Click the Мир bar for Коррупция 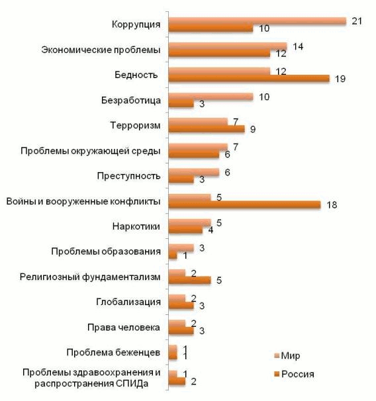point(258,21)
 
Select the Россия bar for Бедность point(249,79)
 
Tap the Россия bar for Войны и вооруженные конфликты point(244,205)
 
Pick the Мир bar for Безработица point(211,97)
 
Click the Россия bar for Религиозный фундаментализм point(189,281)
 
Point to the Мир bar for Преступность point(194,172)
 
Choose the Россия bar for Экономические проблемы point(219,54)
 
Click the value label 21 point(357,21)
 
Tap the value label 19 point(340,79)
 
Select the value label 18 point(332,205)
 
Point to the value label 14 point(298,46)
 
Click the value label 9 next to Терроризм point(253,129)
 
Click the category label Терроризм point(135,126)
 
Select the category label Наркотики point(136,226)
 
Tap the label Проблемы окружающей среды point(91,151)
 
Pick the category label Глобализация point(128,302)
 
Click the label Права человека point(124,328)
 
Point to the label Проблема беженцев point(113,353)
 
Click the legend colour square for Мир point(277,356)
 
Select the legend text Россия point(298,374)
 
